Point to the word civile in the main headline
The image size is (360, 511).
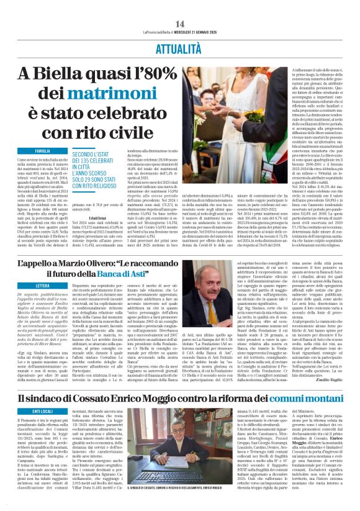click(137, 132)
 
